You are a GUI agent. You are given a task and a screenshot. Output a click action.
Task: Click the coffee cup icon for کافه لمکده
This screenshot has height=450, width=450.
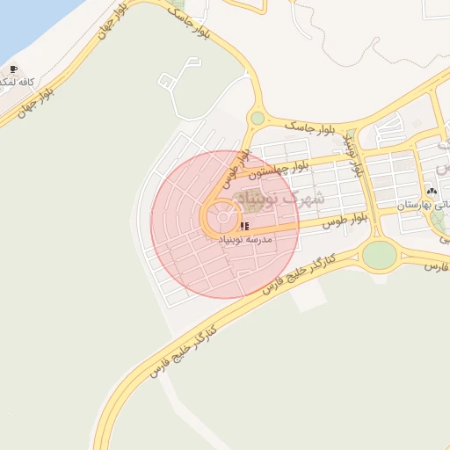point(12,69)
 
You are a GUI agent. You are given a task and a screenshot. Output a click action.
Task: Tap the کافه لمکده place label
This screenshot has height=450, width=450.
point(18,82)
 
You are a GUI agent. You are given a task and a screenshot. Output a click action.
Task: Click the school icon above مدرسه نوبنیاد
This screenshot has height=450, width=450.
point(243,226)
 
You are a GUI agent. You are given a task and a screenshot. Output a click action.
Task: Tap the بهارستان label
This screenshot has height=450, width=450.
point(423,204)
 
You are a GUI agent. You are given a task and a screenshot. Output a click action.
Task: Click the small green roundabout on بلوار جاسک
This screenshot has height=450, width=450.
point(257,118)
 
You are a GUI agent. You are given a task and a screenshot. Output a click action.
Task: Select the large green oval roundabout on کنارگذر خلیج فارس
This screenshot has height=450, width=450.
point(379,255)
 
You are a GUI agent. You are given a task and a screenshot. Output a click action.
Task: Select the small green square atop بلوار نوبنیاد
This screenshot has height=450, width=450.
point(352,135)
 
